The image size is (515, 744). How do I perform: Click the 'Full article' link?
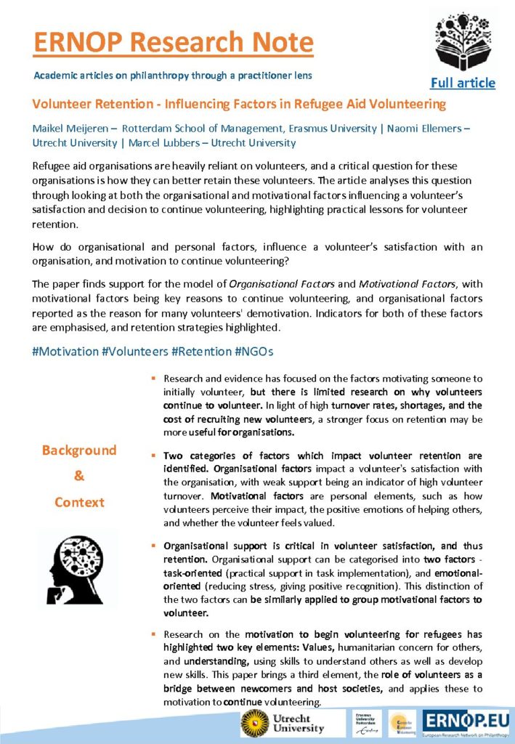click(x=463, y=83)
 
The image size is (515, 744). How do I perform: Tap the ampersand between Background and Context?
click(x=79, y=477)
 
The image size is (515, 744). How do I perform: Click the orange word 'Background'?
click(x=79, y=450)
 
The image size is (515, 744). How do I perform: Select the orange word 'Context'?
click(x=79, y=503)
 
